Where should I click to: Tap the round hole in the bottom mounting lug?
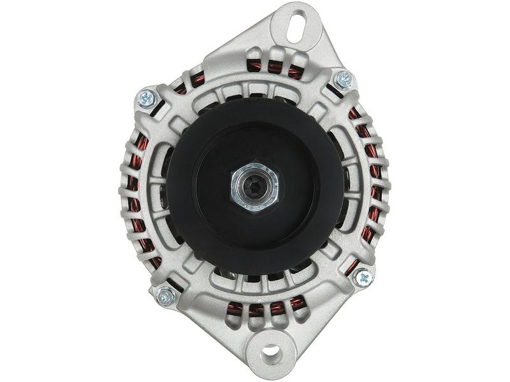[270, 350]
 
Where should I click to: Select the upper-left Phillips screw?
[147, 98]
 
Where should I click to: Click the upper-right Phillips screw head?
[344, 80]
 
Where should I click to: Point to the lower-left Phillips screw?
[166, 295]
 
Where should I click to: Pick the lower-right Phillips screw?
[362, 277]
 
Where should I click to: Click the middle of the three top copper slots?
[275, 67]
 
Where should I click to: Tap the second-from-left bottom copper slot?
[256, 311]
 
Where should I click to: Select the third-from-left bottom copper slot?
[277, 309]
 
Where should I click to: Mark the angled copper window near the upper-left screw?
[181, 88]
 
